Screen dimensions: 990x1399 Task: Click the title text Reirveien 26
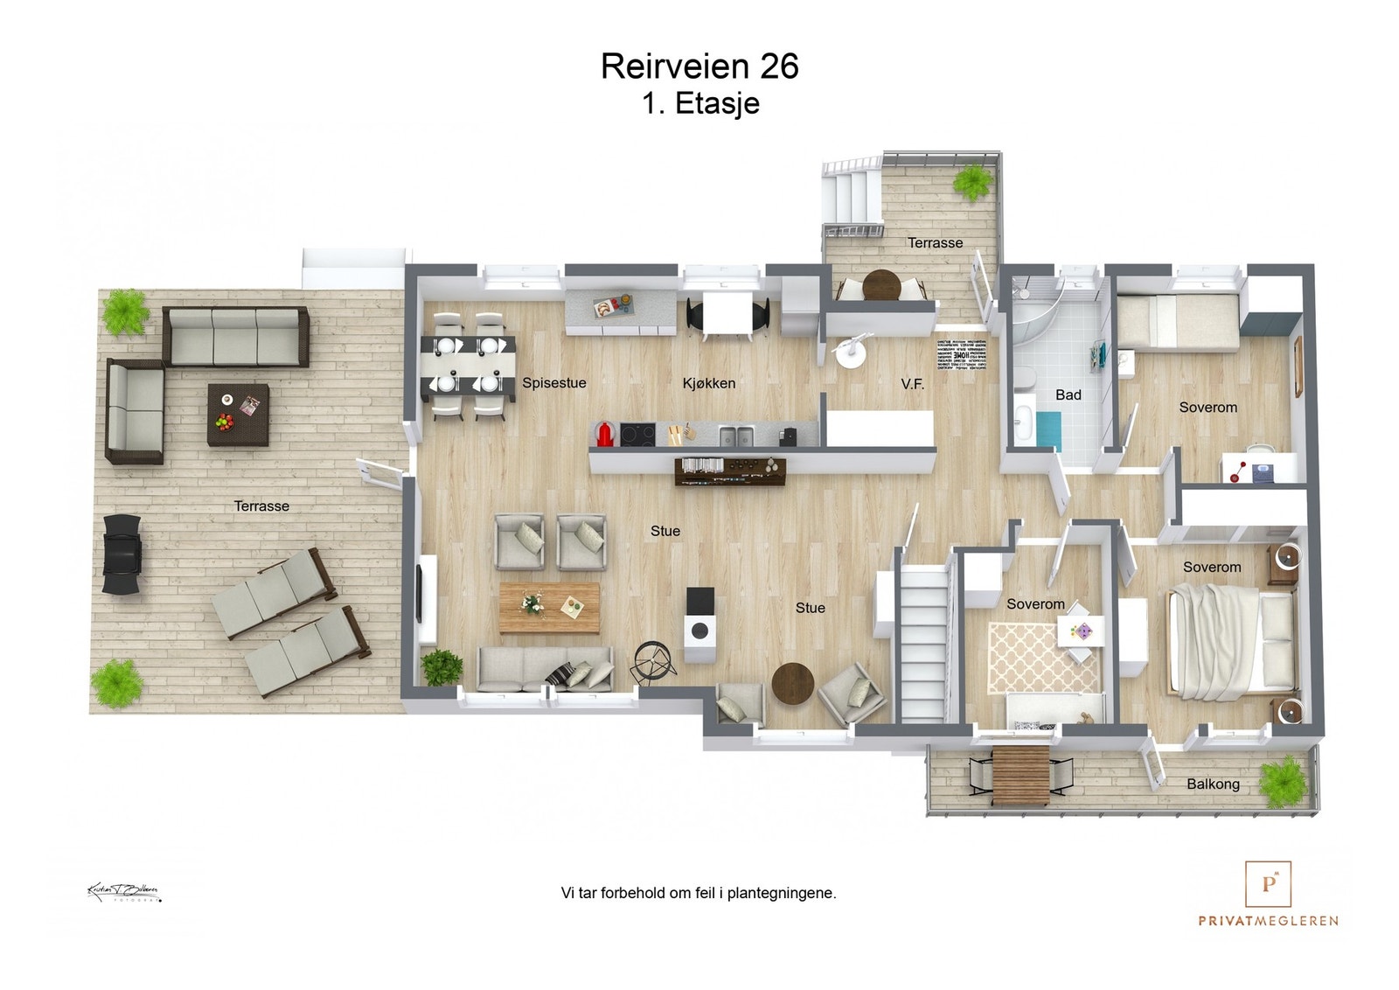click(x=699, y=66)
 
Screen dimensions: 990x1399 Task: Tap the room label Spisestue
click(x=553, y=383)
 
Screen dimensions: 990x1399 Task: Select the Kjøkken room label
click(x=708, y=383)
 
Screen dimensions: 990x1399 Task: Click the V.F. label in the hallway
click(x=912, y=384)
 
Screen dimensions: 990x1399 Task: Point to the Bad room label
click(x=1068, y=395)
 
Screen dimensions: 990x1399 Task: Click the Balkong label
click(x=1212, y=784)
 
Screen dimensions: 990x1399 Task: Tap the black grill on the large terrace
click(x=122, y=554)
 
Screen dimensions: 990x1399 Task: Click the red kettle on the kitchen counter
click(x=604, y=434)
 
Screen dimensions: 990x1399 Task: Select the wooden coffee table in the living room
click(x=549, y=607)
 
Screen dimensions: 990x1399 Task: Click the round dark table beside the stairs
click(x=793, y=683)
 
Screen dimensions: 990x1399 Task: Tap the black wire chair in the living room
click(x=654, y=660)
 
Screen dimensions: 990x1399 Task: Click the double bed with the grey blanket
click(x=1233, y=642)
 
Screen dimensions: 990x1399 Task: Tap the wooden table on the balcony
click(x=1020, y=775)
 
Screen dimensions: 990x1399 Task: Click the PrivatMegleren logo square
click(x=1268, y=883)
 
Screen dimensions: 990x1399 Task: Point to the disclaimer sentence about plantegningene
click(x=698, y=893)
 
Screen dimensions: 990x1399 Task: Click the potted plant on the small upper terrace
click(x=971, y=183)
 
